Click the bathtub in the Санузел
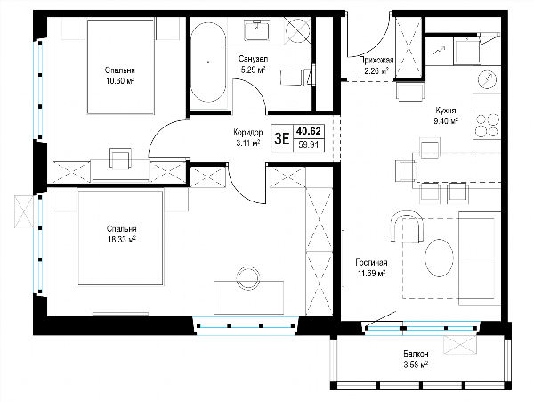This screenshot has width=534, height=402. pos(208,62)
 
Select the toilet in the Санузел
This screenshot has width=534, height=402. pos(297,78)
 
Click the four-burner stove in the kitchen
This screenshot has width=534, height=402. pos(487,126)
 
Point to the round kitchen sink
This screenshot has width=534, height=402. pos(487,79)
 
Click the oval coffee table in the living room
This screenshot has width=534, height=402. pos(439,258)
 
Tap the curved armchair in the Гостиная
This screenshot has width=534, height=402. pos(407,226)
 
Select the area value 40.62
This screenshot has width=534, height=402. pos(309,131)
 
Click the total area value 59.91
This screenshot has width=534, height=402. pos(309,145)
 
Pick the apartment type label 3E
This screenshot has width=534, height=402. pos(281,138)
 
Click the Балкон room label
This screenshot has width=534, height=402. pos(417,354)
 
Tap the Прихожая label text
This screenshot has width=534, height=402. pos(376,61)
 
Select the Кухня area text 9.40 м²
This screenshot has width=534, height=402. pos(446,120)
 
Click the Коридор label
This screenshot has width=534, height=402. pos(248,132)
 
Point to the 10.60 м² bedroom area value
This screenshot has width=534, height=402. pos(120,81)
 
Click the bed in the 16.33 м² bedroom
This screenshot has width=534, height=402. pos(120,238)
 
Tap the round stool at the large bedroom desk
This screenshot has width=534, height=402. pos(248,277)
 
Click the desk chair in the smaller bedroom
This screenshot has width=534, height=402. pos(120,159)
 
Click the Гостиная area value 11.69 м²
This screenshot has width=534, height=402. pos(371,273)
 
